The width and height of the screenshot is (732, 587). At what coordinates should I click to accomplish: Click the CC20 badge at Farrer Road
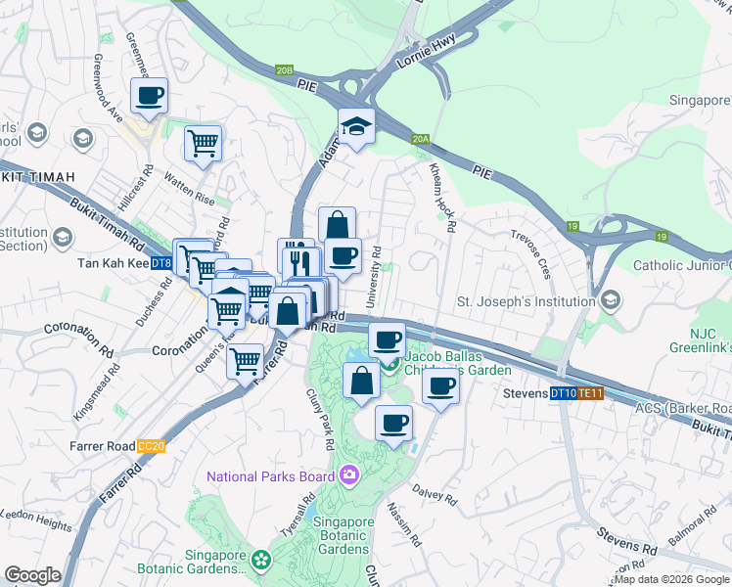tap(151, 446)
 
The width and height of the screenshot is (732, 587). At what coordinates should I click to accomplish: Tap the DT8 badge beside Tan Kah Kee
tap(162, 263)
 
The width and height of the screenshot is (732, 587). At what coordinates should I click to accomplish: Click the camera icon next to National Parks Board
tap(349, 476)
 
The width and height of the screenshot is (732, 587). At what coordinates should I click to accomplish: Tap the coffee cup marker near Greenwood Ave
tap(149, 97)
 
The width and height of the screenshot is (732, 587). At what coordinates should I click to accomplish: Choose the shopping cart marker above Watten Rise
tap(203, 144)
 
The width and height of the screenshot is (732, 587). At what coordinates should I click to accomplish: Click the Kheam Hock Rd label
tap(441, 196)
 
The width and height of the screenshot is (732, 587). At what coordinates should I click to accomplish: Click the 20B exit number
tap(284, 70)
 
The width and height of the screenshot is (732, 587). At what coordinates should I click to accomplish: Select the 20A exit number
tap(421, 140)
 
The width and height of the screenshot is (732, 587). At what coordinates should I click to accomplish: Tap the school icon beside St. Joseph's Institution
tap(612, 299)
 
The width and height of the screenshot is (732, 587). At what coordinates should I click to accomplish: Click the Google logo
tap(32, 575)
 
